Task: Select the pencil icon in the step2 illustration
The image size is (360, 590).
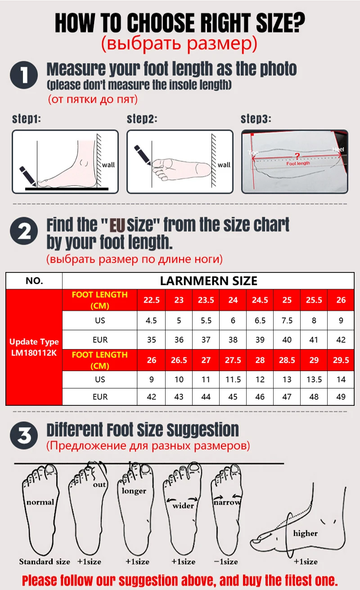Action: (x=143, y=153)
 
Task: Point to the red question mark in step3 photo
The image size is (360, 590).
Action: (x=297, y=156)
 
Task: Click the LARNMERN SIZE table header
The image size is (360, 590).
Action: (x=208, y=281)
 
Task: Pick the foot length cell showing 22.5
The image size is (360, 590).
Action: (x=152, y=300)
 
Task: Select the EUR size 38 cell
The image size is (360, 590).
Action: (x=233, y=340)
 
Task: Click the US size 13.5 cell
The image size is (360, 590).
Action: (x=314, y=379)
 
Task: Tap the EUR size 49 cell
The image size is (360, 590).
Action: (x=341, y=397)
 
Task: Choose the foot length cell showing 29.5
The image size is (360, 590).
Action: (x=341, y=360)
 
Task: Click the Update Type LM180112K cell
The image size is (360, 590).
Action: (x=34, y=347)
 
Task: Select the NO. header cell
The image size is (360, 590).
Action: (x=34, y=281)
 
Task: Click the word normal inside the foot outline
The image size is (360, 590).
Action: (x=40, y=502)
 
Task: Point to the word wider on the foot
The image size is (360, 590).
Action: (x=183, y=505)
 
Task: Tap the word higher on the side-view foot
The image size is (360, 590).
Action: (x=305, y=533)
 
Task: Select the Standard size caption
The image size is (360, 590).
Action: (x=45, y=561)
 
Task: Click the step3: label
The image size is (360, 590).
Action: (x=256, y=119)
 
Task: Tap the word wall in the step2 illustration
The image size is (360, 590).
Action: (x=224, y=165)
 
